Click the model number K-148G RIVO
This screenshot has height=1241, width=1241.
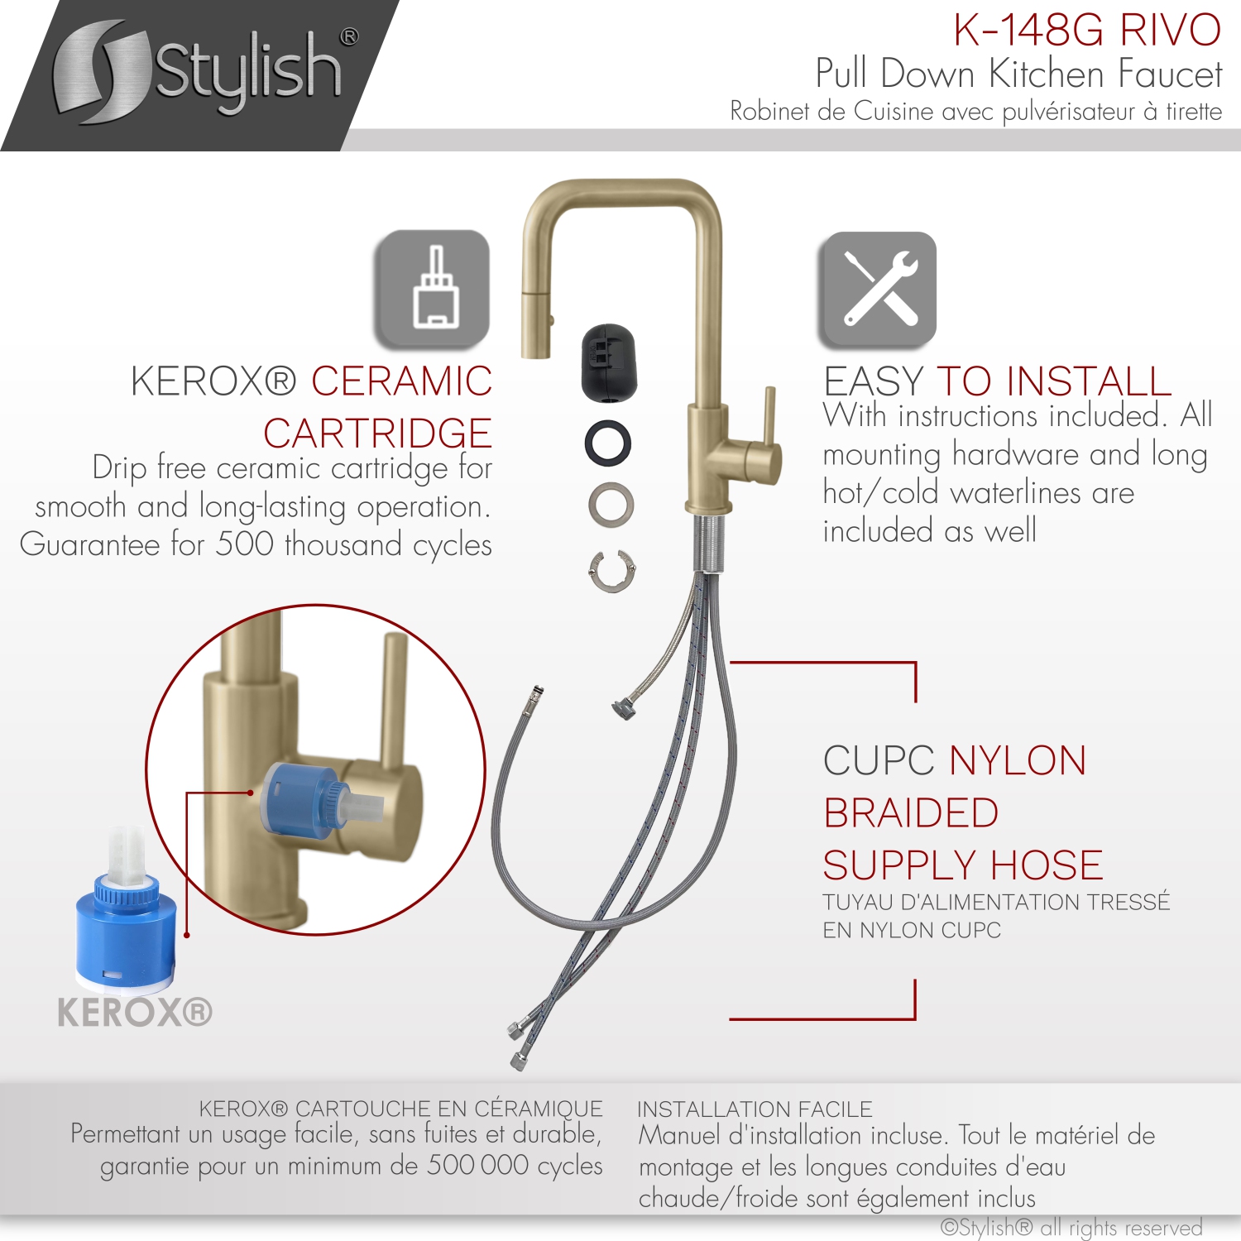pos(1086,31)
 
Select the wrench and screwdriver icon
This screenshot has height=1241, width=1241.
pos(879,289)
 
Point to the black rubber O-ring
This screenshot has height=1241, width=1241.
pos(608,443)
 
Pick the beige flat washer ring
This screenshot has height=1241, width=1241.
pos(611,504)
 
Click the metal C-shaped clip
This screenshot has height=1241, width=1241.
pos(612,571)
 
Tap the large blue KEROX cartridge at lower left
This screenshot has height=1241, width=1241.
pos(124,927)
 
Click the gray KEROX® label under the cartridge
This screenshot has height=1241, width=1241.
pos(135,1012)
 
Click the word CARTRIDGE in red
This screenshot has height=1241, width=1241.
pos(377,434)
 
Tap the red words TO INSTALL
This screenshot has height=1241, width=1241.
pos(1053,382)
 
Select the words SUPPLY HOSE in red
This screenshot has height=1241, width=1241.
pos(962,865)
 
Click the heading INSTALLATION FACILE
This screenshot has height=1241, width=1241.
pos(755,1109)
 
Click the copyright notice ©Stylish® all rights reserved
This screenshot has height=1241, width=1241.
pos(1071,1227)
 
